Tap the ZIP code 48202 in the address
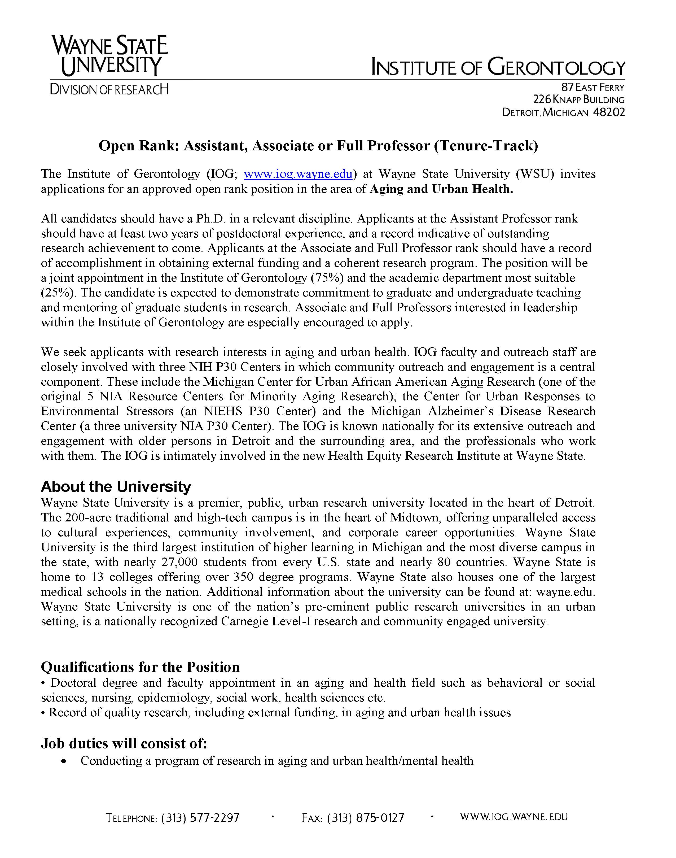pos(609,112)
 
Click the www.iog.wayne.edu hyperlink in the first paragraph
pos(298,174)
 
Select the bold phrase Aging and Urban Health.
pos(441,189)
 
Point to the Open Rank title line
pos(318,146)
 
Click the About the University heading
pos(116,487)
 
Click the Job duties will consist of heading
pos(124,744)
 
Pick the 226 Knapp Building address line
pos(579,100)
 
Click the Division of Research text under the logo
pos(109,89)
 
